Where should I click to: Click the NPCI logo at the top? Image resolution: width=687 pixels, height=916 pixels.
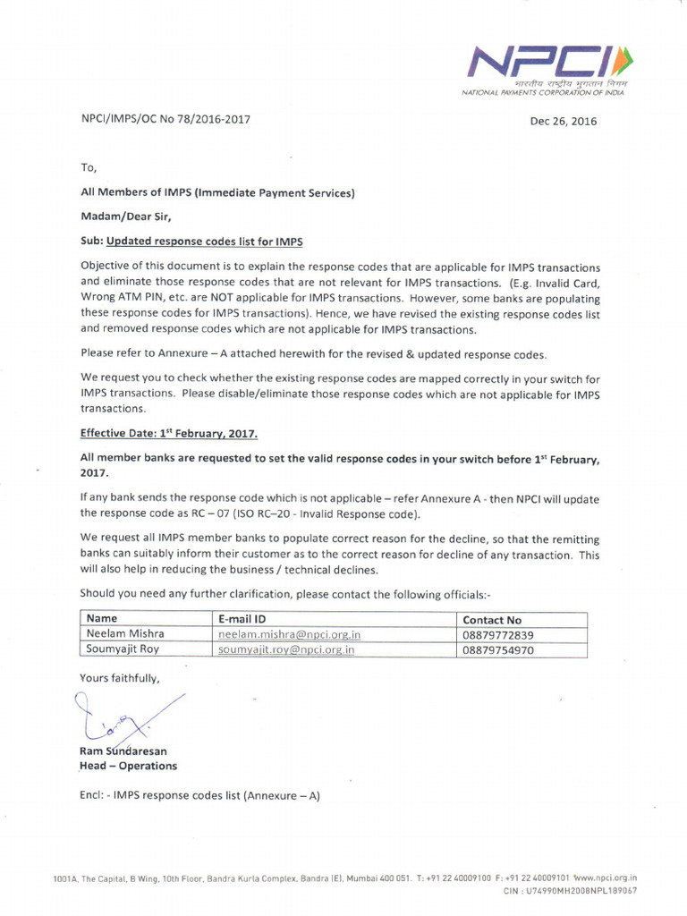coord(545,65)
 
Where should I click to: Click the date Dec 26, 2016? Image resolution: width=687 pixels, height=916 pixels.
coord(563,121)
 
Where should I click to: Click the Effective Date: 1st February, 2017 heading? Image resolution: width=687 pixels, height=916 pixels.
coord(169,433)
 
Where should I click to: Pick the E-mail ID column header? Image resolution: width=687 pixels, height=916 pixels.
coord(242,619)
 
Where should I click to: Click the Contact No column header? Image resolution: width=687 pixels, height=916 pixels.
coord(492,619)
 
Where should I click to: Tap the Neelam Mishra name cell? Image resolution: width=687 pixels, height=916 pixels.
coord(125,634)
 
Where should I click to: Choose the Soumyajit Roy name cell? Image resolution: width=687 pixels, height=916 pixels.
coord(123,649)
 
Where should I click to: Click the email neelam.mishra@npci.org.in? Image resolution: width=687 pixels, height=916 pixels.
coord(289,634)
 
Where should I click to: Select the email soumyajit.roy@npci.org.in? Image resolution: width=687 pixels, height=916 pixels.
coord(286,649)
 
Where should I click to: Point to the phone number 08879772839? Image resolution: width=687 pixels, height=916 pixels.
coord(498,635)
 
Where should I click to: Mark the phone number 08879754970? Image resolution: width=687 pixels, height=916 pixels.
coord(498,650)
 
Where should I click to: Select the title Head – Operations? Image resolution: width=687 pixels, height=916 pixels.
coord(129,766)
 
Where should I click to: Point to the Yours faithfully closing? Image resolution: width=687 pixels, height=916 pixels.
coord(121,677)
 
